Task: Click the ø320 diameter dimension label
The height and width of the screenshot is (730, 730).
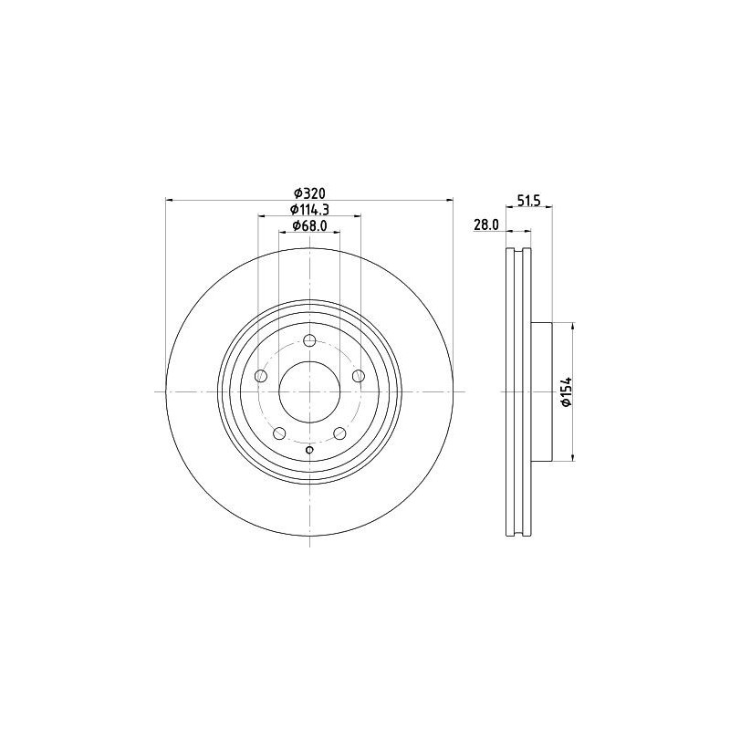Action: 309,193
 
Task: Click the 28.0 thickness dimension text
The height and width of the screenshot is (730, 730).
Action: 485,224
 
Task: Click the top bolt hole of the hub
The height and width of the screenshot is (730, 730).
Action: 309,341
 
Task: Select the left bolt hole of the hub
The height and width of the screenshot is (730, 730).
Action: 261,377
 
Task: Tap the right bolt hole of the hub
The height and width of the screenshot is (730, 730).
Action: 358,377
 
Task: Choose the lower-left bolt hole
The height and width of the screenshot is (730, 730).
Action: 279,433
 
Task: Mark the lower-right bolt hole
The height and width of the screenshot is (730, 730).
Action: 339,433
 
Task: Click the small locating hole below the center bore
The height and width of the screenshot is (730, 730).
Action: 309,450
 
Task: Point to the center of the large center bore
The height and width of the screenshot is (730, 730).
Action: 309,391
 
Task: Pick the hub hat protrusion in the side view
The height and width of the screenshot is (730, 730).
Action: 542,391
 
